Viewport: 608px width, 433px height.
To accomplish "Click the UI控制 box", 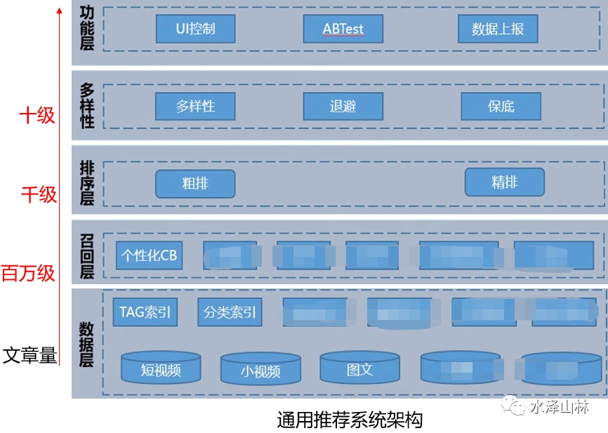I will pos(195,29).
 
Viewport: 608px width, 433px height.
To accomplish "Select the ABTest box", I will pos(343,29).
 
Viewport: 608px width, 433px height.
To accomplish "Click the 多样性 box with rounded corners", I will pos(195,107).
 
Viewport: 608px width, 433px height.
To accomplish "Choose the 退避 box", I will pos(343,107).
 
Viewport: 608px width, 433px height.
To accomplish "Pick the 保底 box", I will pos(501,107).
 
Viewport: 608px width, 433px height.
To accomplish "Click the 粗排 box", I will pos(195,183).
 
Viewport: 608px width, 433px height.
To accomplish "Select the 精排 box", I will pos(504,182).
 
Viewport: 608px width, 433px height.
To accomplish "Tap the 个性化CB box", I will pos(149,255).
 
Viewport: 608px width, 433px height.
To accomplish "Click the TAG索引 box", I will pos(145,312).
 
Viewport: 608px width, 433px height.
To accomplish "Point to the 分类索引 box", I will pos(230,312).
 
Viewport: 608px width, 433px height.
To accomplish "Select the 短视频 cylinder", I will pos(161,368).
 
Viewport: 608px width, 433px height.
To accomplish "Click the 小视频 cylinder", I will pos(260,369).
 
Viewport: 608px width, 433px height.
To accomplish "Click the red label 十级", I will pos(36,114).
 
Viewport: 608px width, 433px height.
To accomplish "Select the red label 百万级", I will pos(28,272).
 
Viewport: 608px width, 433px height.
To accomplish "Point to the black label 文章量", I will pos(29,355).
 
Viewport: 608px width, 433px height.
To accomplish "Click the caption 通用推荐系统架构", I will pos(349,420).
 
